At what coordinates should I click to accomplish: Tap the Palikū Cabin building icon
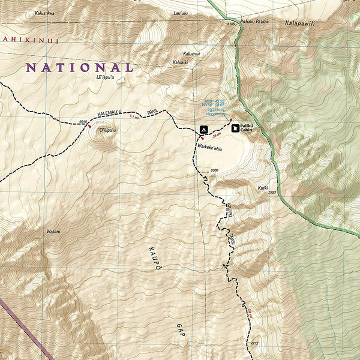(x=235, y=128)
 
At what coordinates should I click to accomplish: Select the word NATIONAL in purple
(x=79, y=68)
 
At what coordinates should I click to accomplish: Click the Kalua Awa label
(x=44, y=13)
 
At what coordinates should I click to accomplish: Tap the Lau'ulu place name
(x=179, y=13)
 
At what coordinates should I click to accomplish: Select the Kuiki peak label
(x=263, y=188)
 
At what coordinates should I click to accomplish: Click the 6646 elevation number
(x=83, y=122)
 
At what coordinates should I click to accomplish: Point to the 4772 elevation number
(x=254, y=343)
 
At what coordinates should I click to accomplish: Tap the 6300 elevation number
(x=214, y=172)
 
